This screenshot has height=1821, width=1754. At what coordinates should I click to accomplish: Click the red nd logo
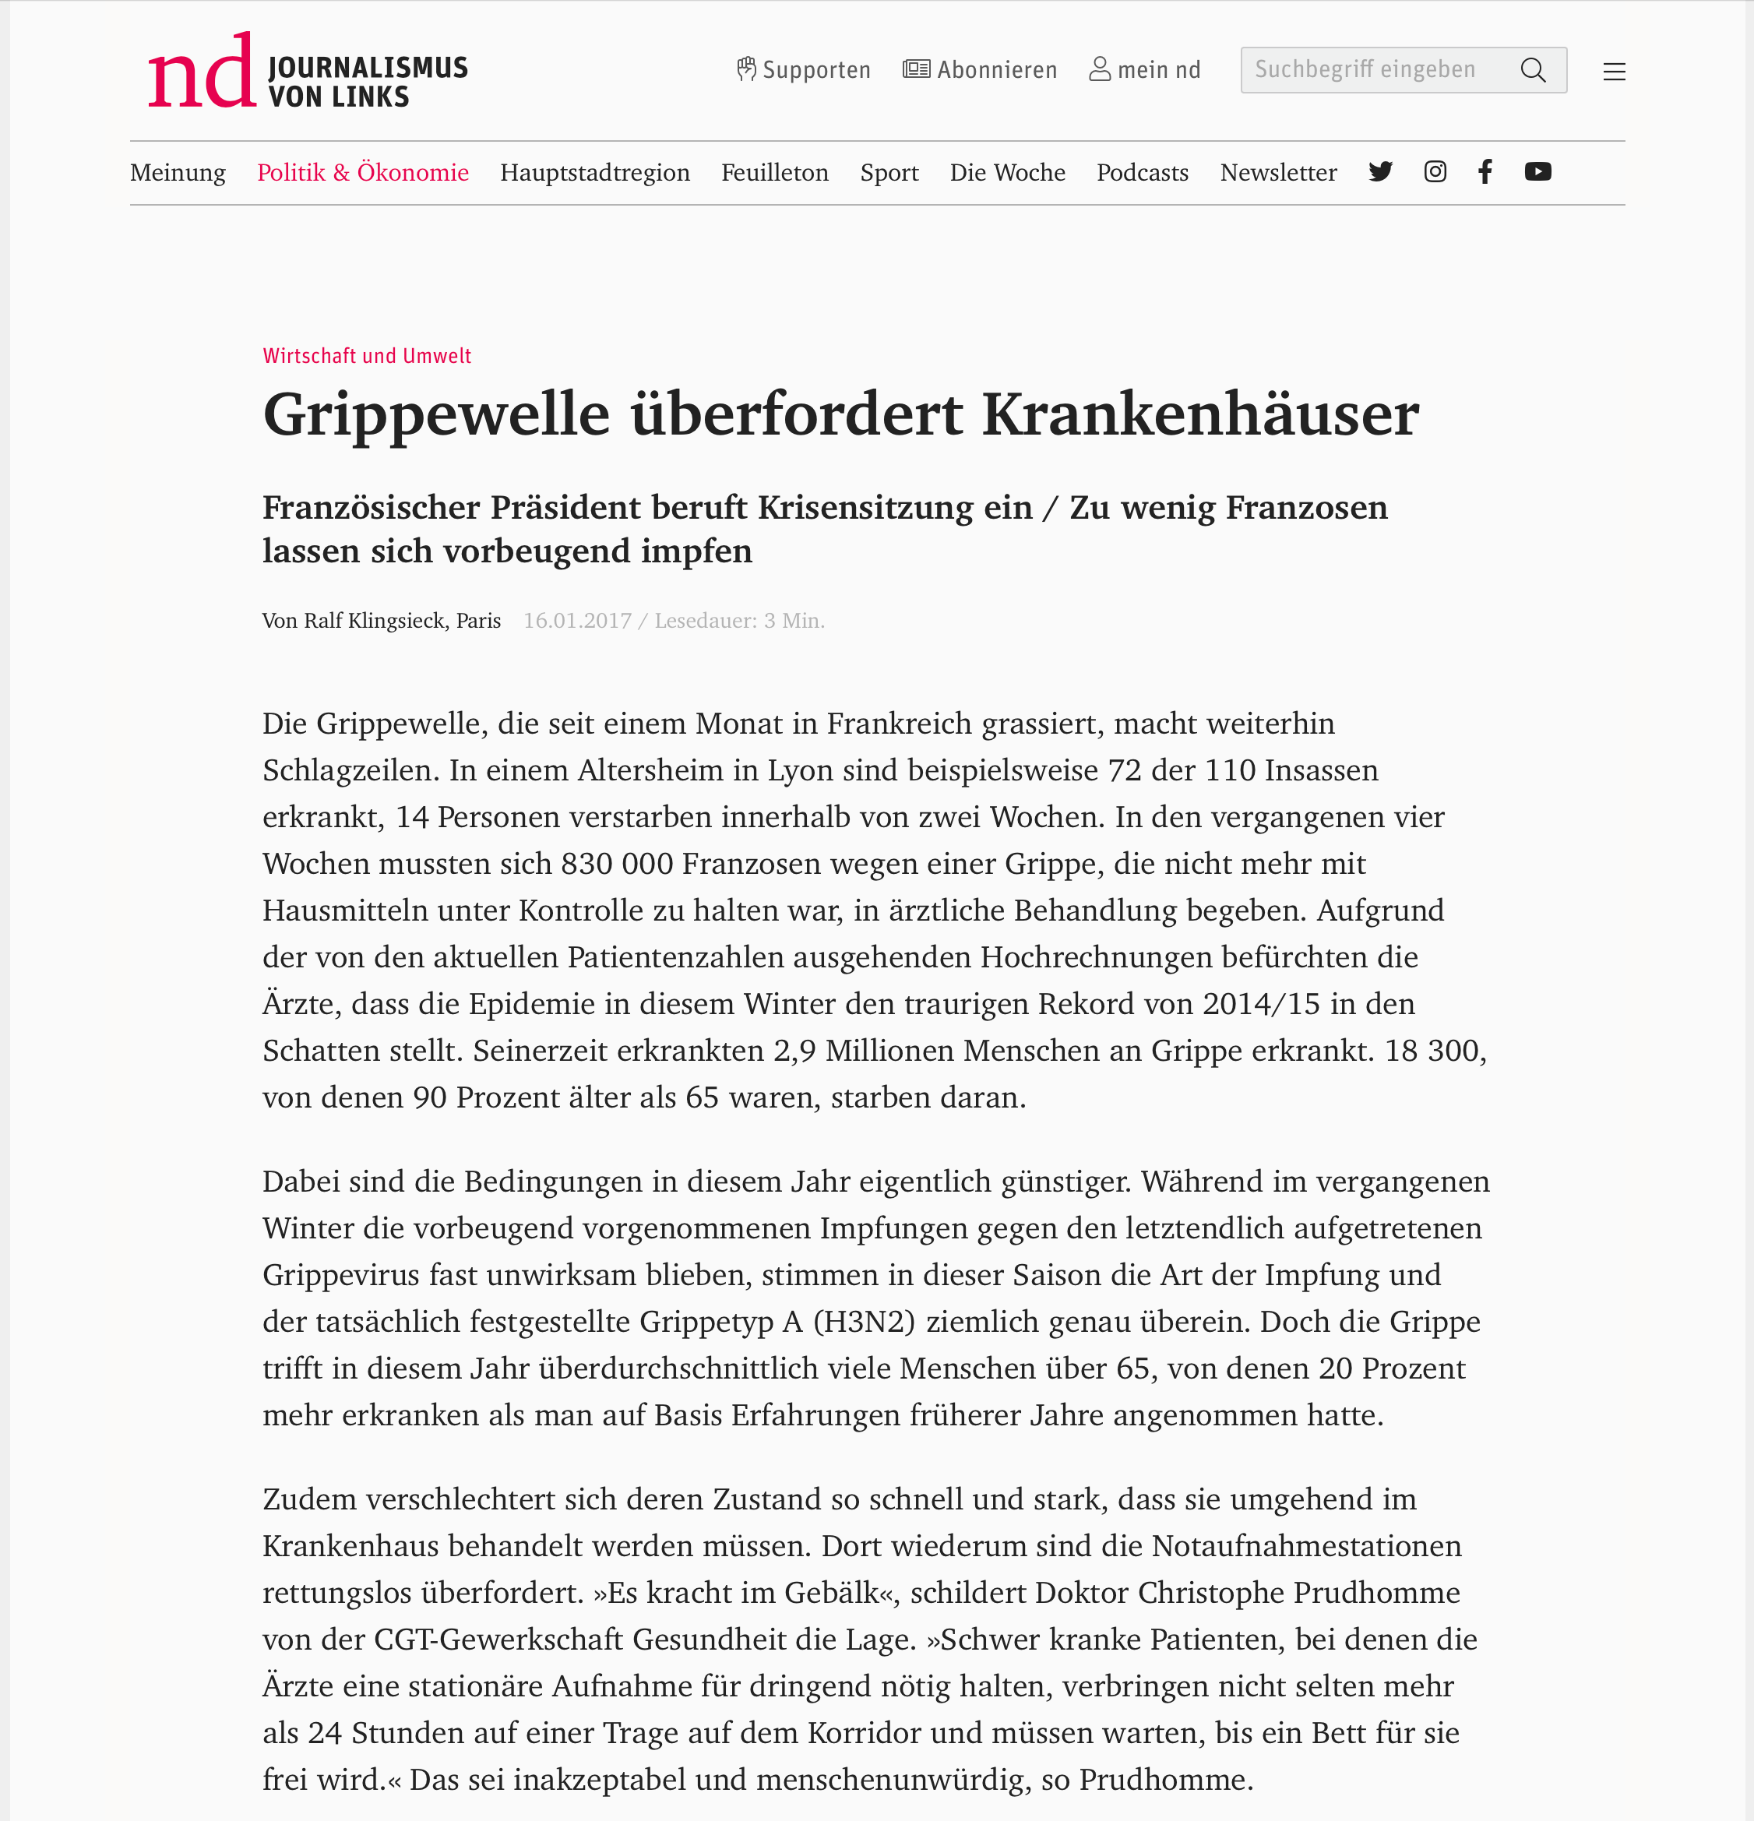[202, 72]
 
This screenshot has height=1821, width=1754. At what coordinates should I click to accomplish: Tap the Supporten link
[804, 69]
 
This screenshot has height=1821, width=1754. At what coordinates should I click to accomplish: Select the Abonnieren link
[980, 69]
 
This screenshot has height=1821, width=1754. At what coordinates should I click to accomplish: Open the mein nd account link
[1145, 69]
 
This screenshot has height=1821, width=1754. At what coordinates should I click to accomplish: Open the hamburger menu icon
[1614, 72]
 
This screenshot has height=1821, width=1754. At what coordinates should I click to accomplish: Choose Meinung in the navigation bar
[178, 173]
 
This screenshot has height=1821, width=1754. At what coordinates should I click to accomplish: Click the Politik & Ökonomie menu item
[362, 173]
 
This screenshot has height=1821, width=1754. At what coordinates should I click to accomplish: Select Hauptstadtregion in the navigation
[594, 173]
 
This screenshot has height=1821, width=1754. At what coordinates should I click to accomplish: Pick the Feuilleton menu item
[775, 173]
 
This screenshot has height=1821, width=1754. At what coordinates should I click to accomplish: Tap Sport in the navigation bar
[889, 173]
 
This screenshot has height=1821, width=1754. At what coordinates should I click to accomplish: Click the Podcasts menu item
[1142, 173]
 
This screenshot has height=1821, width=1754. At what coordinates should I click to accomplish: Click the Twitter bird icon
[1380, 172]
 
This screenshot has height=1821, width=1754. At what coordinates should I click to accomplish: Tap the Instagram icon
[1435, 172]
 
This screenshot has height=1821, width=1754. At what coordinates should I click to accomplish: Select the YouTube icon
[1537, 172]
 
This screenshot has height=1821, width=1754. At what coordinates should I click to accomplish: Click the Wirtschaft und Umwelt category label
[367, 356]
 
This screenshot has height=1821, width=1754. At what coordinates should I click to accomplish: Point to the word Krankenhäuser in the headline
[1200, 414]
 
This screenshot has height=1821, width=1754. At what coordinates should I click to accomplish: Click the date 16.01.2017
[577, 621]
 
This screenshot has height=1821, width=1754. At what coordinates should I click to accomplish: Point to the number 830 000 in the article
[618, 864]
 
